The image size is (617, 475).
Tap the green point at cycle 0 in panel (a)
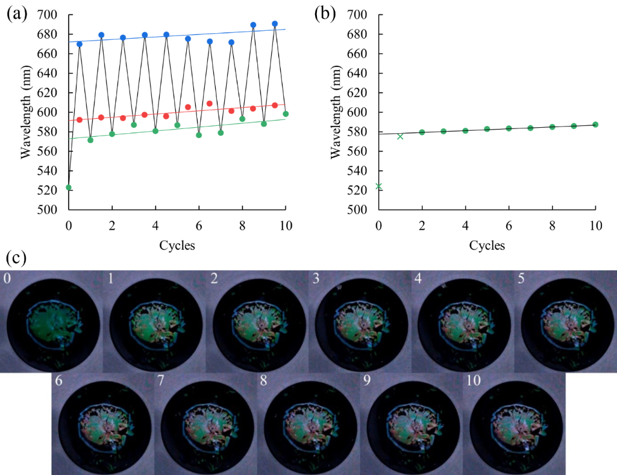[69, 187]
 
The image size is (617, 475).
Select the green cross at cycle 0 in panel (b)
[378, 186]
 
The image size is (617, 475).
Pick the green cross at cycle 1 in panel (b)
[400, 136]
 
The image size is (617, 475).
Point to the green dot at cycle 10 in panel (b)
[595, 125]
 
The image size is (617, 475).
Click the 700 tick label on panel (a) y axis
[49, 14]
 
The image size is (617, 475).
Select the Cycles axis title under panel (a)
[177, 246]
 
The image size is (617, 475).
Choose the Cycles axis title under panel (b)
[487, 246]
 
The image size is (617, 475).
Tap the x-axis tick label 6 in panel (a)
[199, 225]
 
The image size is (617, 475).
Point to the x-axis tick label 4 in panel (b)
[465, 225]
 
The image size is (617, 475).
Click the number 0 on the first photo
[6, 279]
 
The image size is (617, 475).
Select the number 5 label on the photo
[521, 279]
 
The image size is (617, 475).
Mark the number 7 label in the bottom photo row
[160, 382]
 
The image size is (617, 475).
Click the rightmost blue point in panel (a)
[275, 24]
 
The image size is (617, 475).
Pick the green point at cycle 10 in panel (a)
[286, 114]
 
